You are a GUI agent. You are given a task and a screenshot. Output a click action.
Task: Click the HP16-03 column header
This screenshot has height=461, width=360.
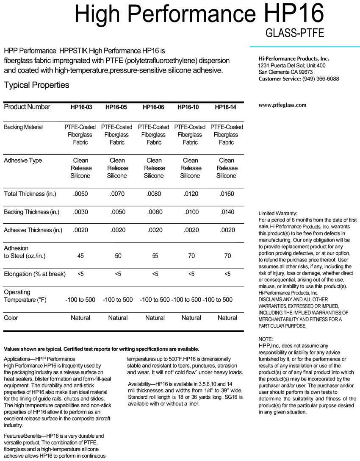click(81, 108)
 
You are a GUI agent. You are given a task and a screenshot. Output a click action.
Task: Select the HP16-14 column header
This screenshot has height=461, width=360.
click(225, 108)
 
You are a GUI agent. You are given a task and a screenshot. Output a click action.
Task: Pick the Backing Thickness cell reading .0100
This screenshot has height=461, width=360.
click(190, 212)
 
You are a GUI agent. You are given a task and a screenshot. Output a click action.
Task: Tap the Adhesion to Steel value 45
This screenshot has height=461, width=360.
click(80, 255)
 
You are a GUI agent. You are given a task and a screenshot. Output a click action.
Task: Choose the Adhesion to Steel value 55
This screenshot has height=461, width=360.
click(154, 255)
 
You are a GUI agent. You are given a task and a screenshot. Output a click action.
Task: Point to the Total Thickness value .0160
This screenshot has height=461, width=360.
click(227, 194)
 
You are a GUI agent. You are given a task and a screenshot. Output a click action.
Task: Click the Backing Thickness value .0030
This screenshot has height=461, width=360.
click(80, 212)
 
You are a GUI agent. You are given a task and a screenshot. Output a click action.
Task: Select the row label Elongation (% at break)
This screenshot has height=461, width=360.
click(35, 274)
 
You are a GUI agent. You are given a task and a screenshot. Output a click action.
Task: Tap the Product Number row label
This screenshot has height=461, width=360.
click(27, 107)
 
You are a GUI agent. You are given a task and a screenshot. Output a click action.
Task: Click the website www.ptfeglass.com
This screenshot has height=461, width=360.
click(282, 105)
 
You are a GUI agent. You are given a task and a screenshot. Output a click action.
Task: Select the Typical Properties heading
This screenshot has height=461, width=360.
click(36, 85)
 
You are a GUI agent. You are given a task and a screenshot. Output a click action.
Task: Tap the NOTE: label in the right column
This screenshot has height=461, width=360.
click(266, 339)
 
